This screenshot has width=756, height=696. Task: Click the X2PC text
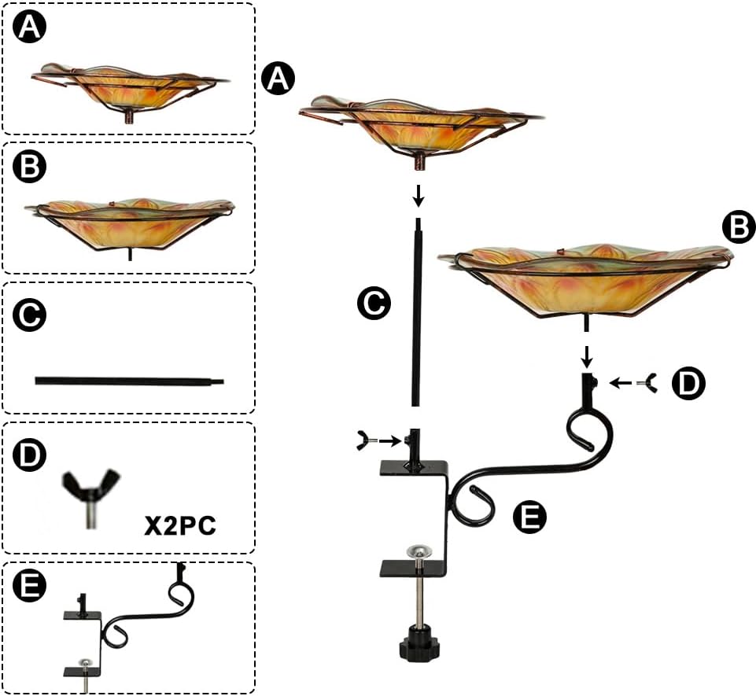pyautogui.click(x=180, y=525)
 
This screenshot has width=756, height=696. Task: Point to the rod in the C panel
pyautogui.click(x=130, y=381)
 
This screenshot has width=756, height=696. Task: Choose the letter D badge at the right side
pyautogui.click(x=689, y=384)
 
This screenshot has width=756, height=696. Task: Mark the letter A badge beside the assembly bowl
pyautogui.click(x=278, y=79)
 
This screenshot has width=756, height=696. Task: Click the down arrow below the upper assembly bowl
pyautogui.click(x=419, y=194)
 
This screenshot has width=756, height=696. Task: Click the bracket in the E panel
pyautogui.click(x=130, y=629)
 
